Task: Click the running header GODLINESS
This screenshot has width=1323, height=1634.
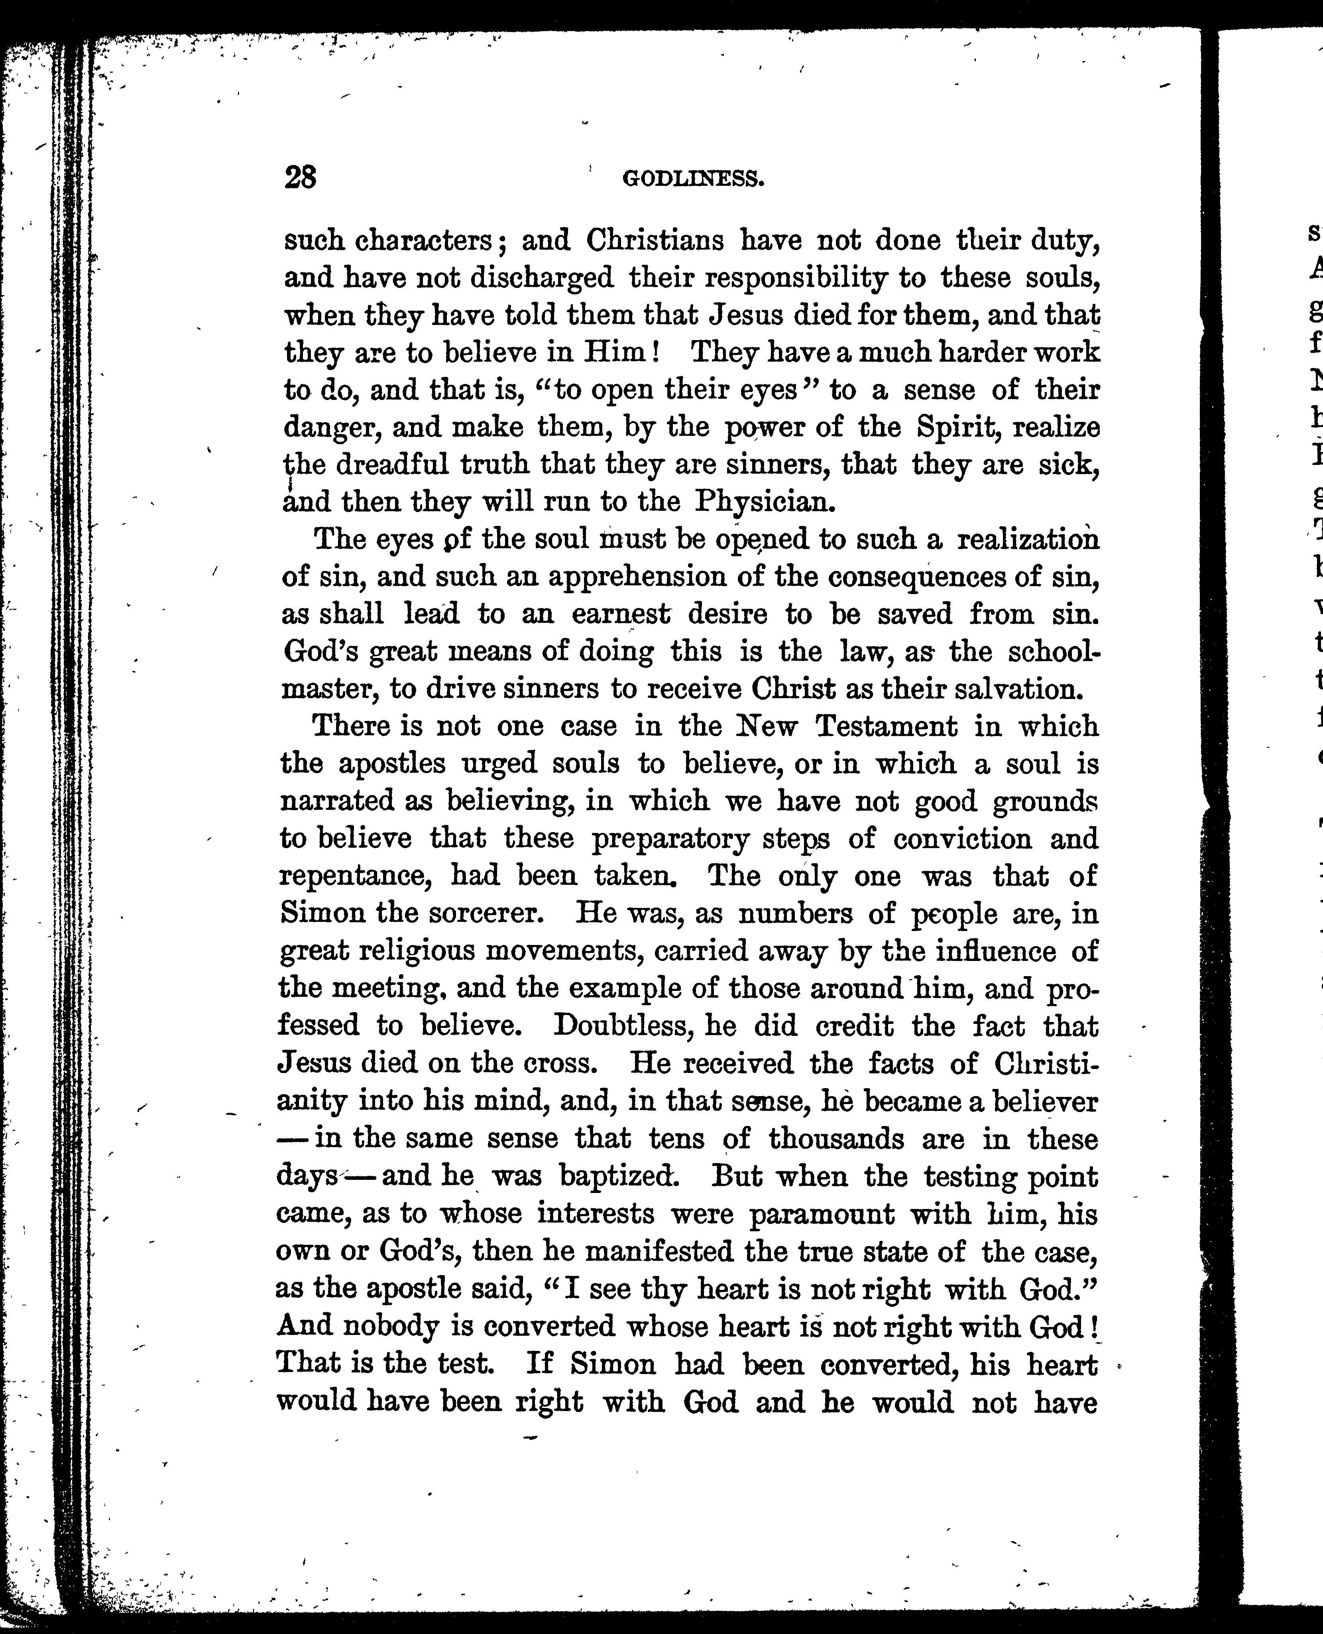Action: click(693, 179)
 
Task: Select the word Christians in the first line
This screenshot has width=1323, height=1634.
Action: click(655, 241)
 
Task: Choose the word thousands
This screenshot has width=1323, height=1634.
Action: click(836, 1139)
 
